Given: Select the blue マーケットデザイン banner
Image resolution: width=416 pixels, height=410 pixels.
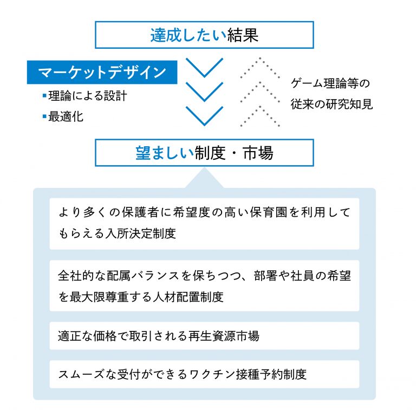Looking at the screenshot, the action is [x=102, y=72].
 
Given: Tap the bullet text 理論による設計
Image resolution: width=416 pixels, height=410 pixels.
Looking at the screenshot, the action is [x=88, y=95].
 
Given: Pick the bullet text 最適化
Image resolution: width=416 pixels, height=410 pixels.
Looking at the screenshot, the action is [x=66, y=116].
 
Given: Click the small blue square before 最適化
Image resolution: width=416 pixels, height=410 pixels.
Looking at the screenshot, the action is [x=44, y=116].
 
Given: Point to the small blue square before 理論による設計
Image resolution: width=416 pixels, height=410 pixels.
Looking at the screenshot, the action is [x=44, y=95].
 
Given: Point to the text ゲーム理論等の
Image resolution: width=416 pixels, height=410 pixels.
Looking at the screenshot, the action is [x=330, y=83].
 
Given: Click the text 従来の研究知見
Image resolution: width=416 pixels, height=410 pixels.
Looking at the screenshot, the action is [x=331, y=104].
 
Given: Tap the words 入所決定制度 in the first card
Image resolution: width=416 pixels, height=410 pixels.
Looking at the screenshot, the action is [x=141, y=233].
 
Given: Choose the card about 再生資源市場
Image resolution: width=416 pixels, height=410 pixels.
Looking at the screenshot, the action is [x=204, y=336].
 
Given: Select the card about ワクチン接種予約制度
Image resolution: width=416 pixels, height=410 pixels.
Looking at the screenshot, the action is [x=204, y=374].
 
